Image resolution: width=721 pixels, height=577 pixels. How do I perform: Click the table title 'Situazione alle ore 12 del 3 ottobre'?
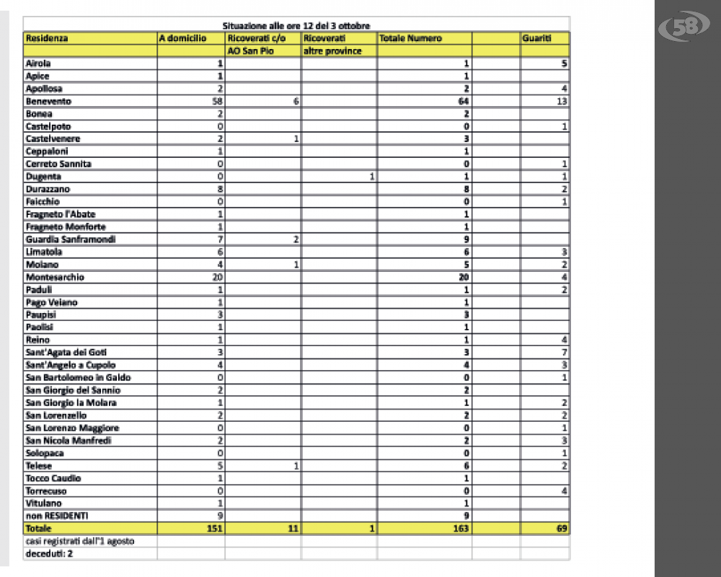click(x=297, y=27)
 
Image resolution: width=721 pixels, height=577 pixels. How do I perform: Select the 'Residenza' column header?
click(x=47, y=38)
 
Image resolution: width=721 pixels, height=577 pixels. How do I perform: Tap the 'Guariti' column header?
click(x=537, y=38)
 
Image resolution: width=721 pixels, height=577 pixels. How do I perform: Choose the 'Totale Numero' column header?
click(x=410, y=38)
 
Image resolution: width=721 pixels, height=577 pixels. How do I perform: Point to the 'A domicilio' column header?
click(x=183, y=38)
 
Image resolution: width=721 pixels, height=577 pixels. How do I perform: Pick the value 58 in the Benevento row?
click(x=216, y=102)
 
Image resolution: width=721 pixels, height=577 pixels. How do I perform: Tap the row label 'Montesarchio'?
click(x=55, y=277)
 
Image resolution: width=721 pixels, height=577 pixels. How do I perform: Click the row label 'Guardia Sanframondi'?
click(x=71, y=239)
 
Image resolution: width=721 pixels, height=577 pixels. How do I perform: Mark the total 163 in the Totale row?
click(x=461, y=529)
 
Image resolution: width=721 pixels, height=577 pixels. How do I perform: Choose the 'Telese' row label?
click(x=39, y=466)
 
